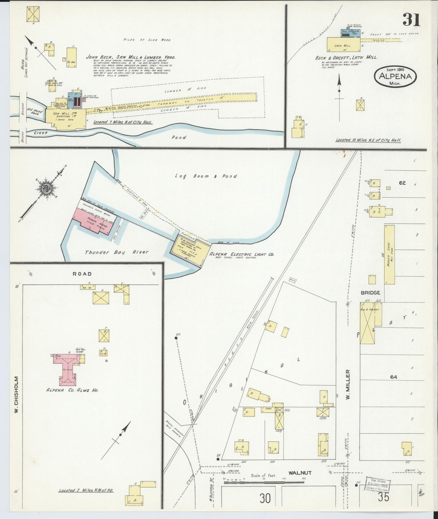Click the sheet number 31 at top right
(411, 20)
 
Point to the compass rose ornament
(47, 189)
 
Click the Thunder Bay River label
(117, 252)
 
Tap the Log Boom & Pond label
(206, 176)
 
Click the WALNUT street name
(300, 473)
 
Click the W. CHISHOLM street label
(16, 395)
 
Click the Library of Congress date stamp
(377, 485)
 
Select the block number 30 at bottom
(265, 498)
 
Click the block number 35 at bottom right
(383, 498)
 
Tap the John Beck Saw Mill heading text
(131, 57)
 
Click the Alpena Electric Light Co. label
(241, 255)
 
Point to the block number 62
(402, 183)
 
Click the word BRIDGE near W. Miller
(370, 293)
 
